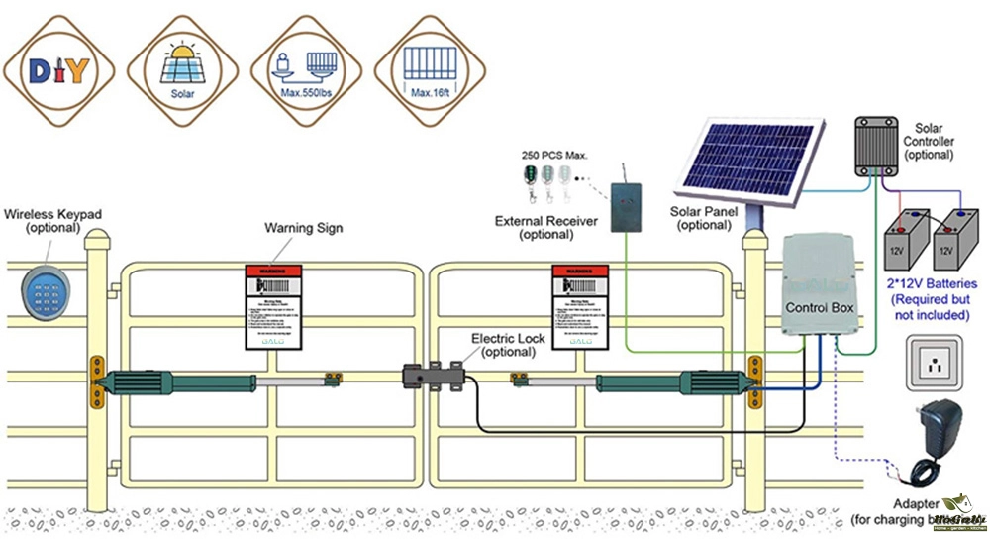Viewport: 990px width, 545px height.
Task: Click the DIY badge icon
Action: tap(59, 70)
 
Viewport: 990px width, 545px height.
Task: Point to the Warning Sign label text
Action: tap(303, 228)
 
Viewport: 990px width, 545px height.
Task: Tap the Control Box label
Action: tap(820, 307)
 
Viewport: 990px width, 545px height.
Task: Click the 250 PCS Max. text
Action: tap(555, 156)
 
